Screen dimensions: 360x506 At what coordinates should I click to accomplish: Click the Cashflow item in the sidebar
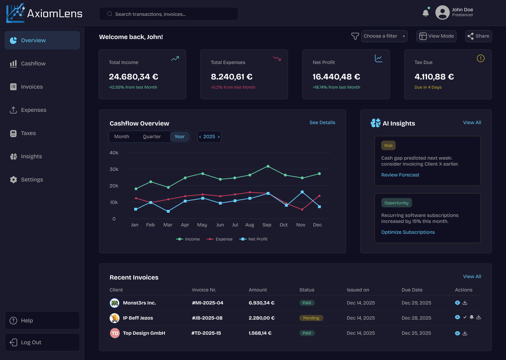[x=33, y=64]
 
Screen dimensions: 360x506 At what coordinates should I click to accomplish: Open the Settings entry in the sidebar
[x=32, y=180]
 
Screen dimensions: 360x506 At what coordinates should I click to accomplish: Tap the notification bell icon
[x=426, y=13]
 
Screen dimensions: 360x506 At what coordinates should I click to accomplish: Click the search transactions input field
[x=169, y=14]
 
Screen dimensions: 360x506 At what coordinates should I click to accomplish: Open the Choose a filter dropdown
[x=384, y=36]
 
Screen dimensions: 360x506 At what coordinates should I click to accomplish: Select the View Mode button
[x=436, y=36]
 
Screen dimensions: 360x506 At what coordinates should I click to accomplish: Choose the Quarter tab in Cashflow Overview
[x=152, y=137]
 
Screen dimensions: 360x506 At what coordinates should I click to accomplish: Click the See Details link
[x=322, y=123]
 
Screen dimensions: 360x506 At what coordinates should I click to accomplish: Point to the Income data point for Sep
[x=268, y=166]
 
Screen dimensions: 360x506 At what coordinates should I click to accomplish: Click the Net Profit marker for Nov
[x=302, y=192]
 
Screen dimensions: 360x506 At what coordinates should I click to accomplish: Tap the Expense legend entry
[x=220, y=239]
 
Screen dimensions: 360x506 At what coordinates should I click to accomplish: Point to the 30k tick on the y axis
[x=114, y=169]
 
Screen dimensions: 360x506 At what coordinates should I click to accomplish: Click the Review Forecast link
[x=400, y=175]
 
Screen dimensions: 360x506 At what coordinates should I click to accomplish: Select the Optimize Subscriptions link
[x=408, y=232]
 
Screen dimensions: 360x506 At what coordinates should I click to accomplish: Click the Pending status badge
[x=311, y=318]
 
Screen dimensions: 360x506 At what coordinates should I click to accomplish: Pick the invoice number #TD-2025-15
[x=206, y=333]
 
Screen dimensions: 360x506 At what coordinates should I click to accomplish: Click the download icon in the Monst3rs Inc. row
[x=465, y=303]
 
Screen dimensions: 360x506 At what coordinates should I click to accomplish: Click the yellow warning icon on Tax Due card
[x=480, y=59]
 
